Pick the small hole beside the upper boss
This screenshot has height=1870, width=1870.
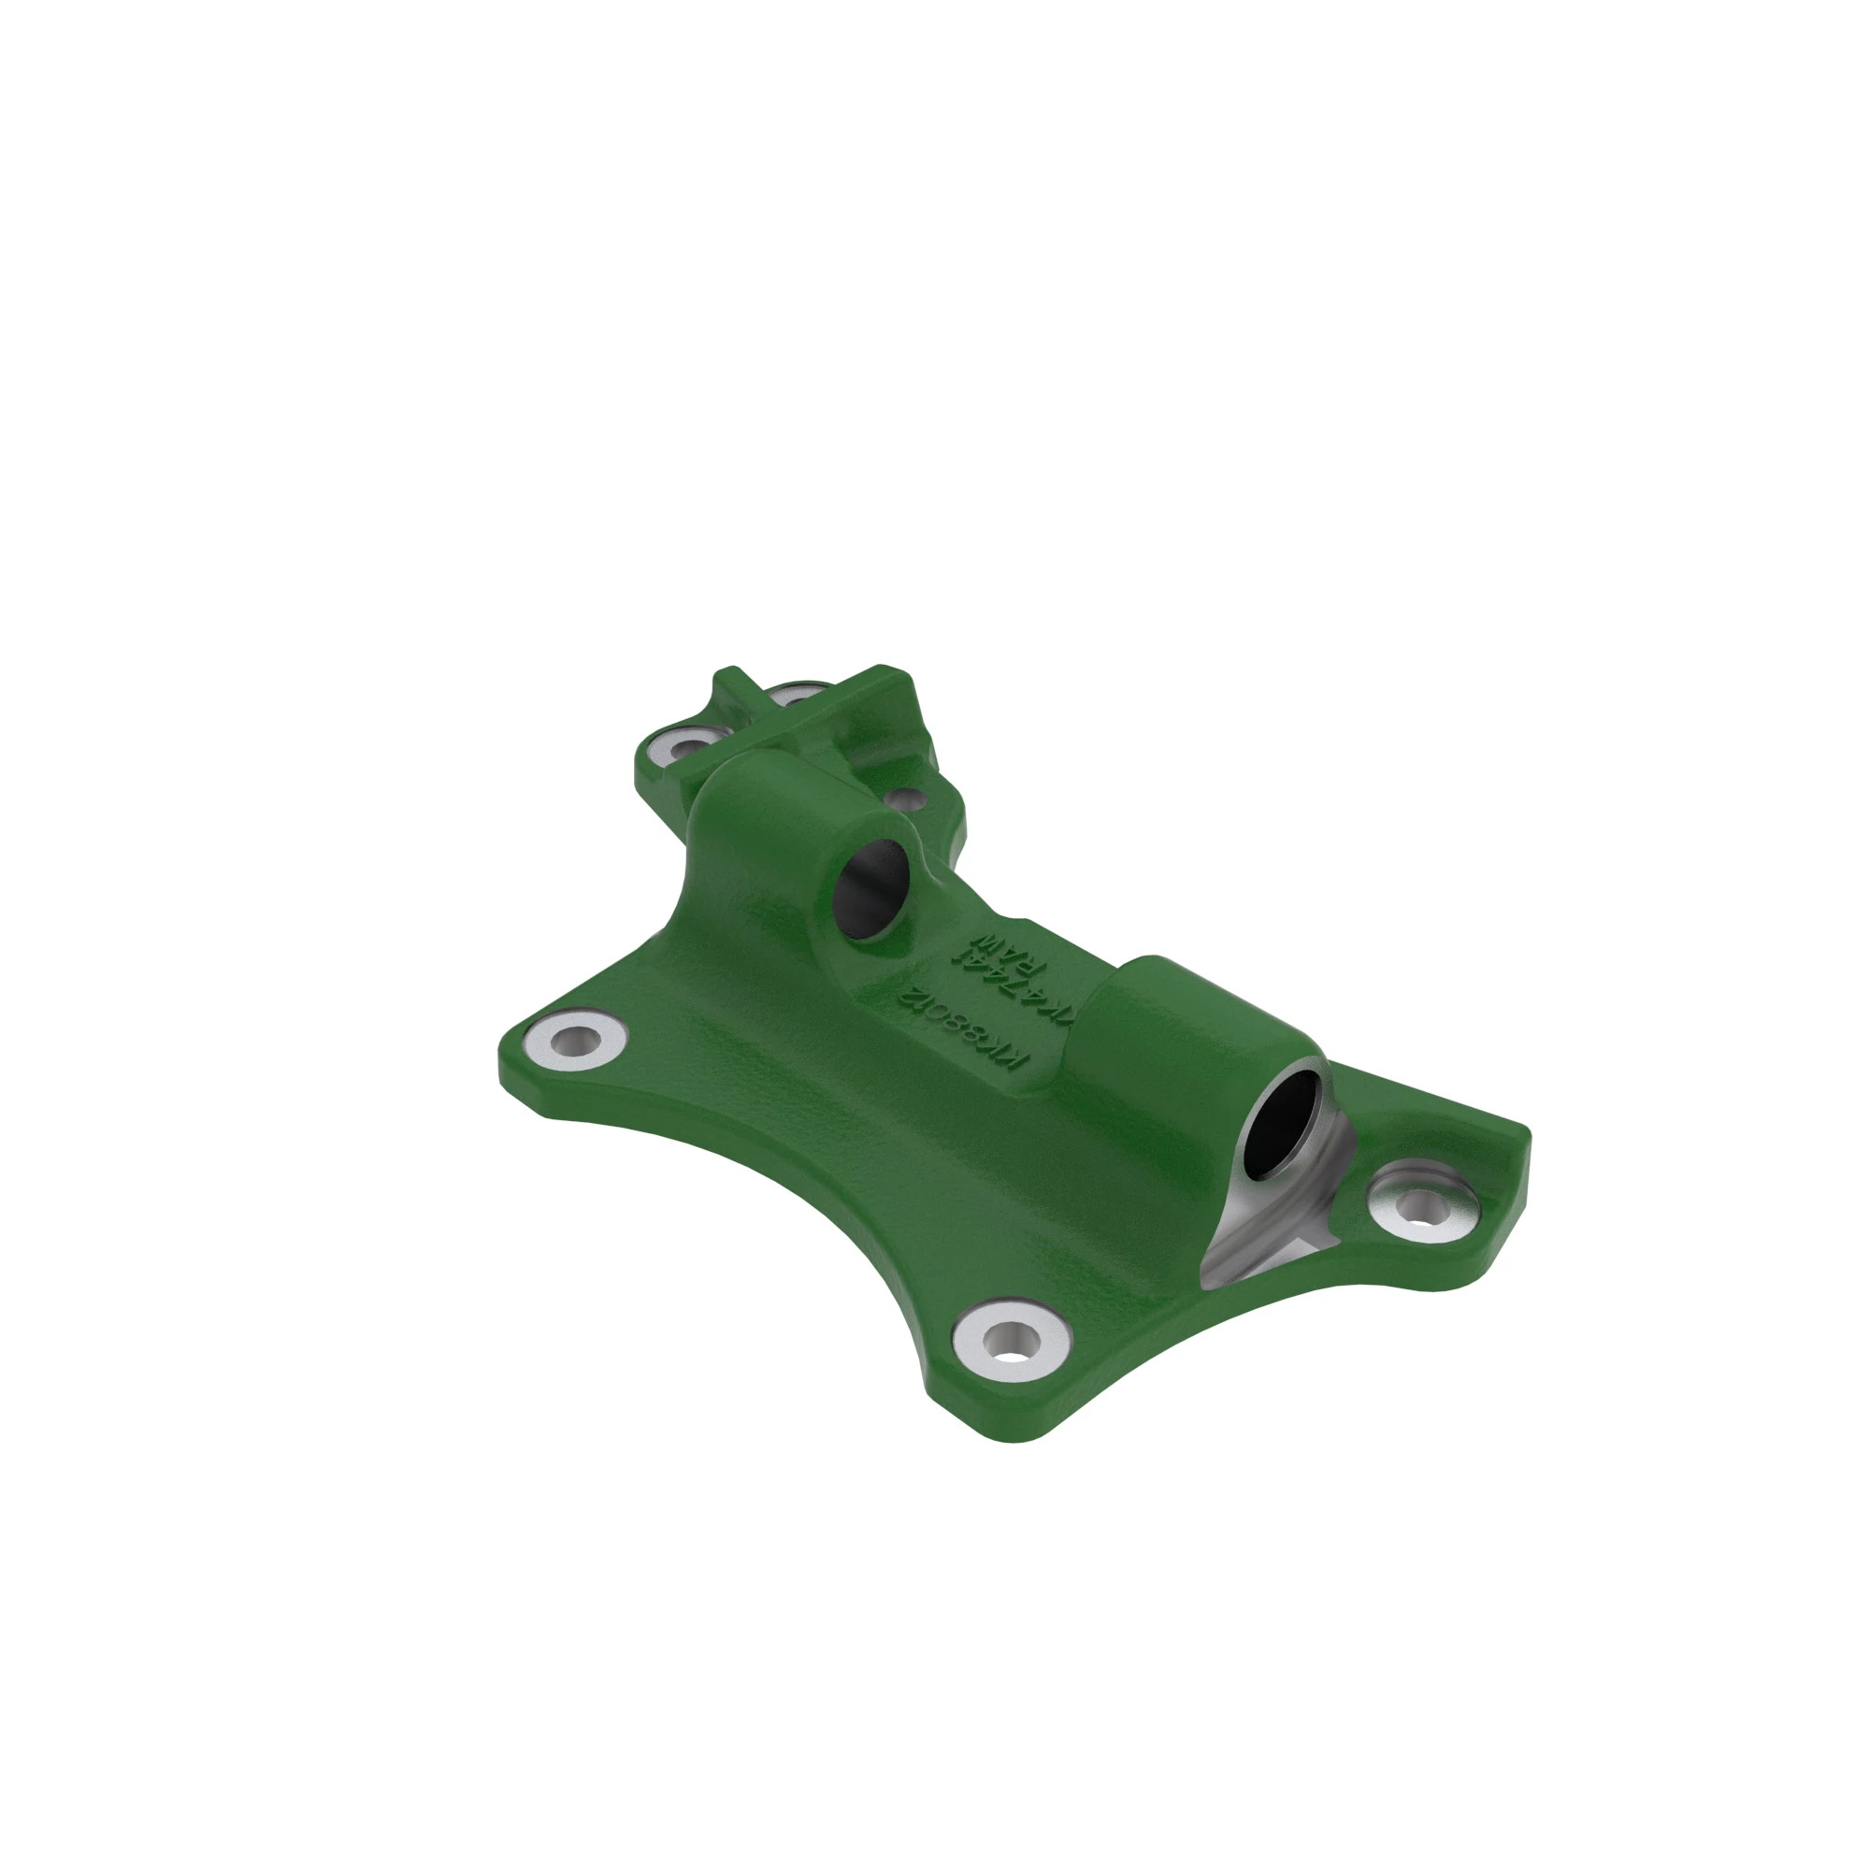coord(906,799)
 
